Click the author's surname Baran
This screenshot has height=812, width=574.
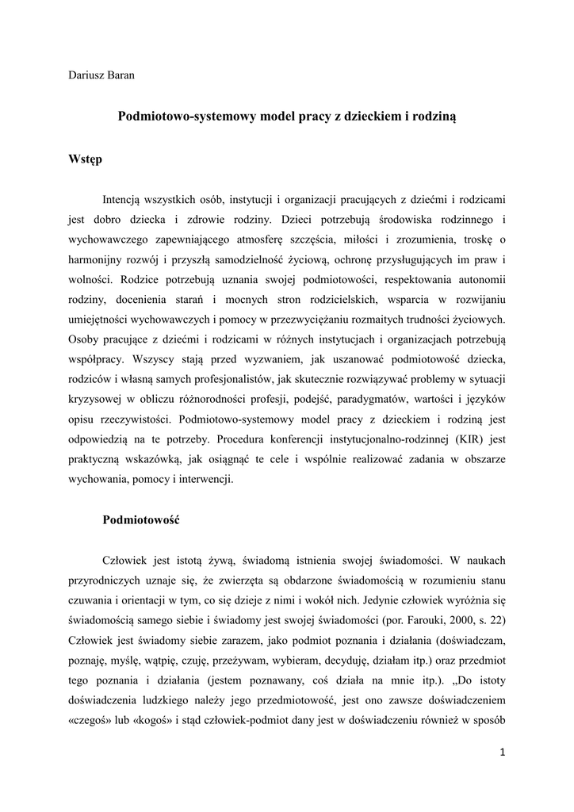point(117,75)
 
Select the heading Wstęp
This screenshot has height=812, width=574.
point(86,159)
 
